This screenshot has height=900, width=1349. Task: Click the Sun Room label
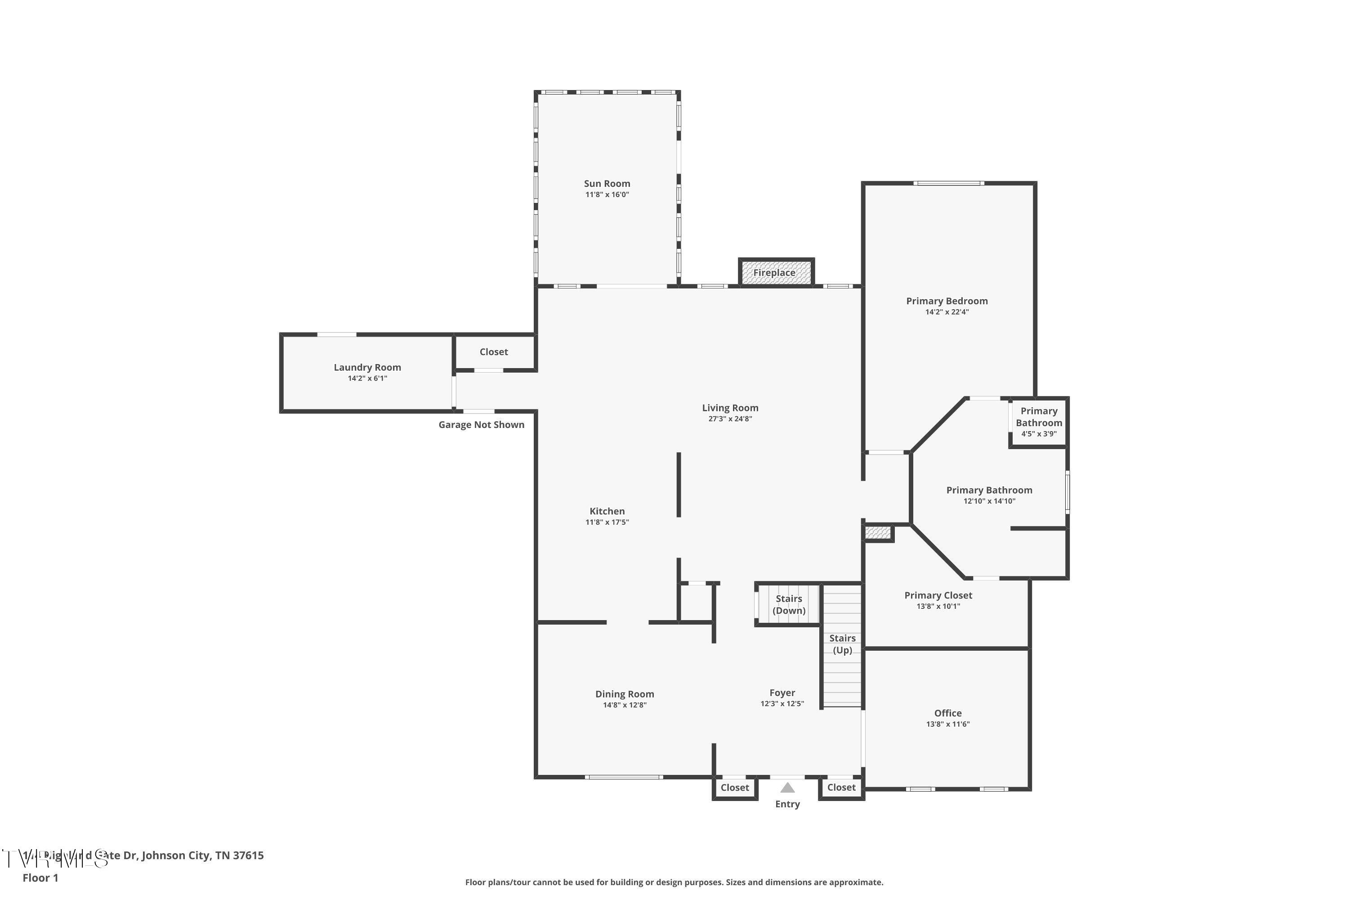607,184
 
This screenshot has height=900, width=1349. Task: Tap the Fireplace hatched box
775,273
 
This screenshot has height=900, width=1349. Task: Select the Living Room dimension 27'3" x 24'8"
729,419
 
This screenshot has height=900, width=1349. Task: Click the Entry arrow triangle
787,787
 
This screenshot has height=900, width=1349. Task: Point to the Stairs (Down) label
789,604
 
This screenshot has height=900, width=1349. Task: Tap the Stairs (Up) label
842,644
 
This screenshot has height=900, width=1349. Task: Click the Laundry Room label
367,367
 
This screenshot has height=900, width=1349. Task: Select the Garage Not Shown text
481,425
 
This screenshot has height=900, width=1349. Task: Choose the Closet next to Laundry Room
493,352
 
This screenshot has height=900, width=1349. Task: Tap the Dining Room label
624,694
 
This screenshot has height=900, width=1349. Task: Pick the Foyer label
782,693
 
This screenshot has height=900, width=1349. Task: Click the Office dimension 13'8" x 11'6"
947,724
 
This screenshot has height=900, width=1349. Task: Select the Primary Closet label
938,595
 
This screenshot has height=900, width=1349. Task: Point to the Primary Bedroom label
947,301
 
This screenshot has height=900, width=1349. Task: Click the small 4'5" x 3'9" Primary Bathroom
1038,423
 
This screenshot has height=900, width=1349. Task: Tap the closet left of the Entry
734,787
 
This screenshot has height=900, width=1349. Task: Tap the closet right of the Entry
841,787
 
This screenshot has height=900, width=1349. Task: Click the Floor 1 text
40,877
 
